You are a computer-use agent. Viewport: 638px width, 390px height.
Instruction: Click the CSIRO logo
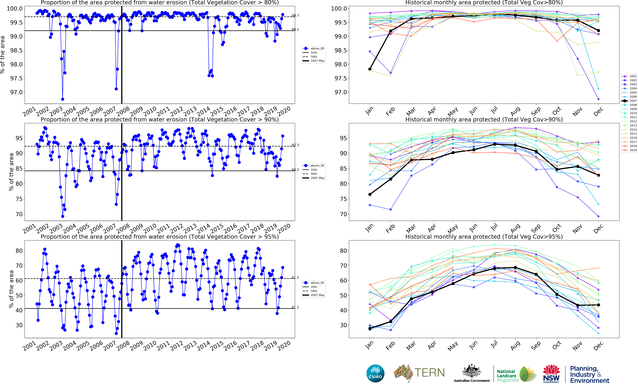[x=375, y=373]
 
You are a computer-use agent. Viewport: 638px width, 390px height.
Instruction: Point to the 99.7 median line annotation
[x=295, y=16]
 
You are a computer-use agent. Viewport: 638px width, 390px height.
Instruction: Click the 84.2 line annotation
[x=295, y=170]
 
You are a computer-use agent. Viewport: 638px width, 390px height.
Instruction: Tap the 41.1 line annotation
[x=295, y=307]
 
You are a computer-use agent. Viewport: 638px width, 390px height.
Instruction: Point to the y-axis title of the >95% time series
[x=11, y=289]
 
